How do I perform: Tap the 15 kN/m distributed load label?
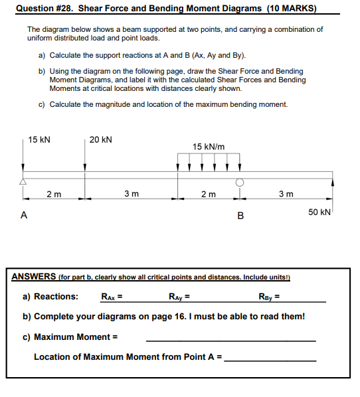[209, 147]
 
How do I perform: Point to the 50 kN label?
[319, 211]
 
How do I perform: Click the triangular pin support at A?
[23, 181]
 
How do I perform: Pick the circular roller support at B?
[239, 181]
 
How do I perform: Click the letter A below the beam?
[24, 214]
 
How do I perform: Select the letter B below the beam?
[240, 215]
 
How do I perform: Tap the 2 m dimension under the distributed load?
[208, 194]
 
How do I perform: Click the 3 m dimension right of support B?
[285, 194]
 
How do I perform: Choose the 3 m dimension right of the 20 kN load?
[132, 194]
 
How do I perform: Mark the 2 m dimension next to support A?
[54, 194]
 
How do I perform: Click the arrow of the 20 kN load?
[84, 159]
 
